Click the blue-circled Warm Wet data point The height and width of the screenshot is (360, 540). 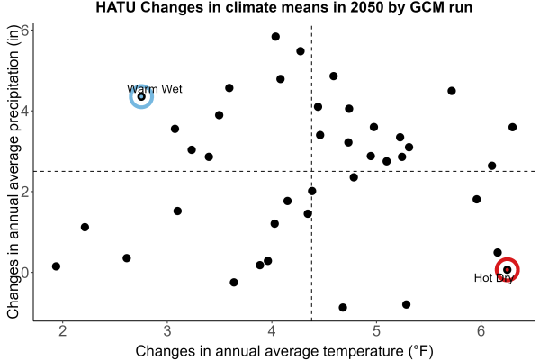[x=141, y=97]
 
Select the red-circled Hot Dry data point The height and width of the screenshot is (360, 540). [x=507, y=269]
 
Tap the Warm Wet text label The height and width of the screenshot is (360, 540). [x=154, y=89]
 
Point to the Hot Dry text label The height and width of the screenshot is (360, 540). [x=494, y=278]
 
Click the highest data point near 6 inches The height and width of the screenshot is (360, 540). [x=275, y=37]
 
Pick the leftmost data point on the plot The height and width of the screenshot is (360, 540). [x=56, y=266]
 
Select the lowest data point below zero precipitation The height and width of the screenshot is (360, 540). [x=343, y=307]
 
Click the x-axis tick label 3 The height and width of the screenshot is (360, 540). [x=167, y=331]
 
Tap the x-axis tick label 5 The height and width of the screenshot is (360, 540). [x=376, y=331]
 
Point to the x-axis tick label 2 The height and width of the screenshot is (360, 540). [x=63, y=331]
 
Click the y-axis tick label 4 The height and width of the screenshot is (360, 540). [x=25, y=111]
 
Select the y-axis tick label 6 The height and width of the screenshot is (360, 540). [x=25, y=30]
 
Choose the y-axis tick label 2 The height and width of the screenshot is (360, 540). [x=25, y=192]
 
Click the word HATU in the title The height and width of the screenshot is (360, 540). [x=116, y=7]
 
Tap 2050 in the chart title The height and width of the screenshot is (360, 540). [x=366, y=7]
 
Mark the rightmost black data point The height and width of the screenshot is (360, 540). [x=512, y=127]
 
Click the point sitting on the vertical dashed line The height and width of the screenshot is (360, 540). [x=312, y=191]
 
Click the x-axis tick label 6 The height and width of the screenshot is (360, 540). [x=481, y=331]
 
